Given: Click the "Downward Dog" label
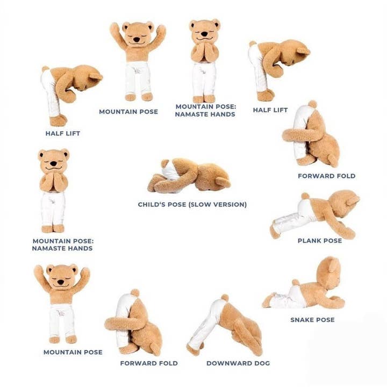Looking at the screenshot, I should point(238,363).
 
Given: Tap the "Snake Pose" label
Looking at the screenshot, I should point(312,320).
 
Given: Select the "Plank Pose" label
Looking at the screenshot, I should point(320,241).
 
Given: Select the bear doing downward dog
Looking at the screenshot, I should point(226,325).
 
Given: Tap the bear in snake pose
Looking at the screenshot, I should point(306,288).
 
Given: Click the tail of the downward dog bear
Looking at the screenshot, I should point(224,297).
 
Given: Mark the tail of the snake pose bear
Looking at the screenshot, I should point(295,282).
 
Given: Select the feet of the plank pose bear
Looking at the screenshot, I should point(275,231).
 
